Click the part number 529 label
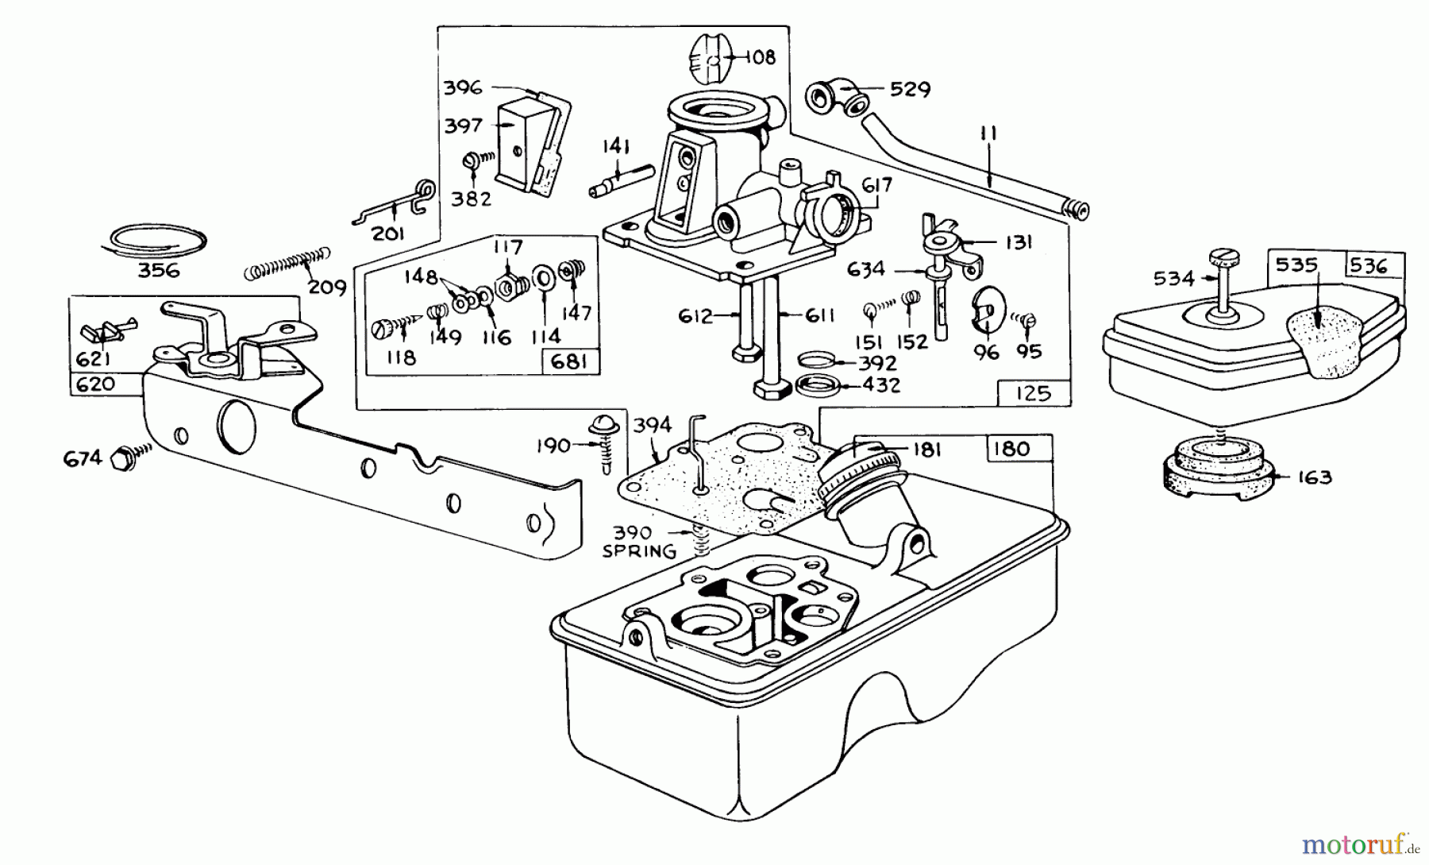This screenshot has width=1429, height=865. coord(910,89)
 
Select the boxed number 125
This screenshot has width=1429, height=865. coord(1032,393)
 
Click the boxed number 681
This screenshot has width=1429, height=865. coord(569,362)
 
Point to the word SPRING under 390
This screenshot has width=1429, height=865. coord(639,550)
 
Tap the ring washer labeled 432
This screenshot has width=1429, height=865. coord(819,387)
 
